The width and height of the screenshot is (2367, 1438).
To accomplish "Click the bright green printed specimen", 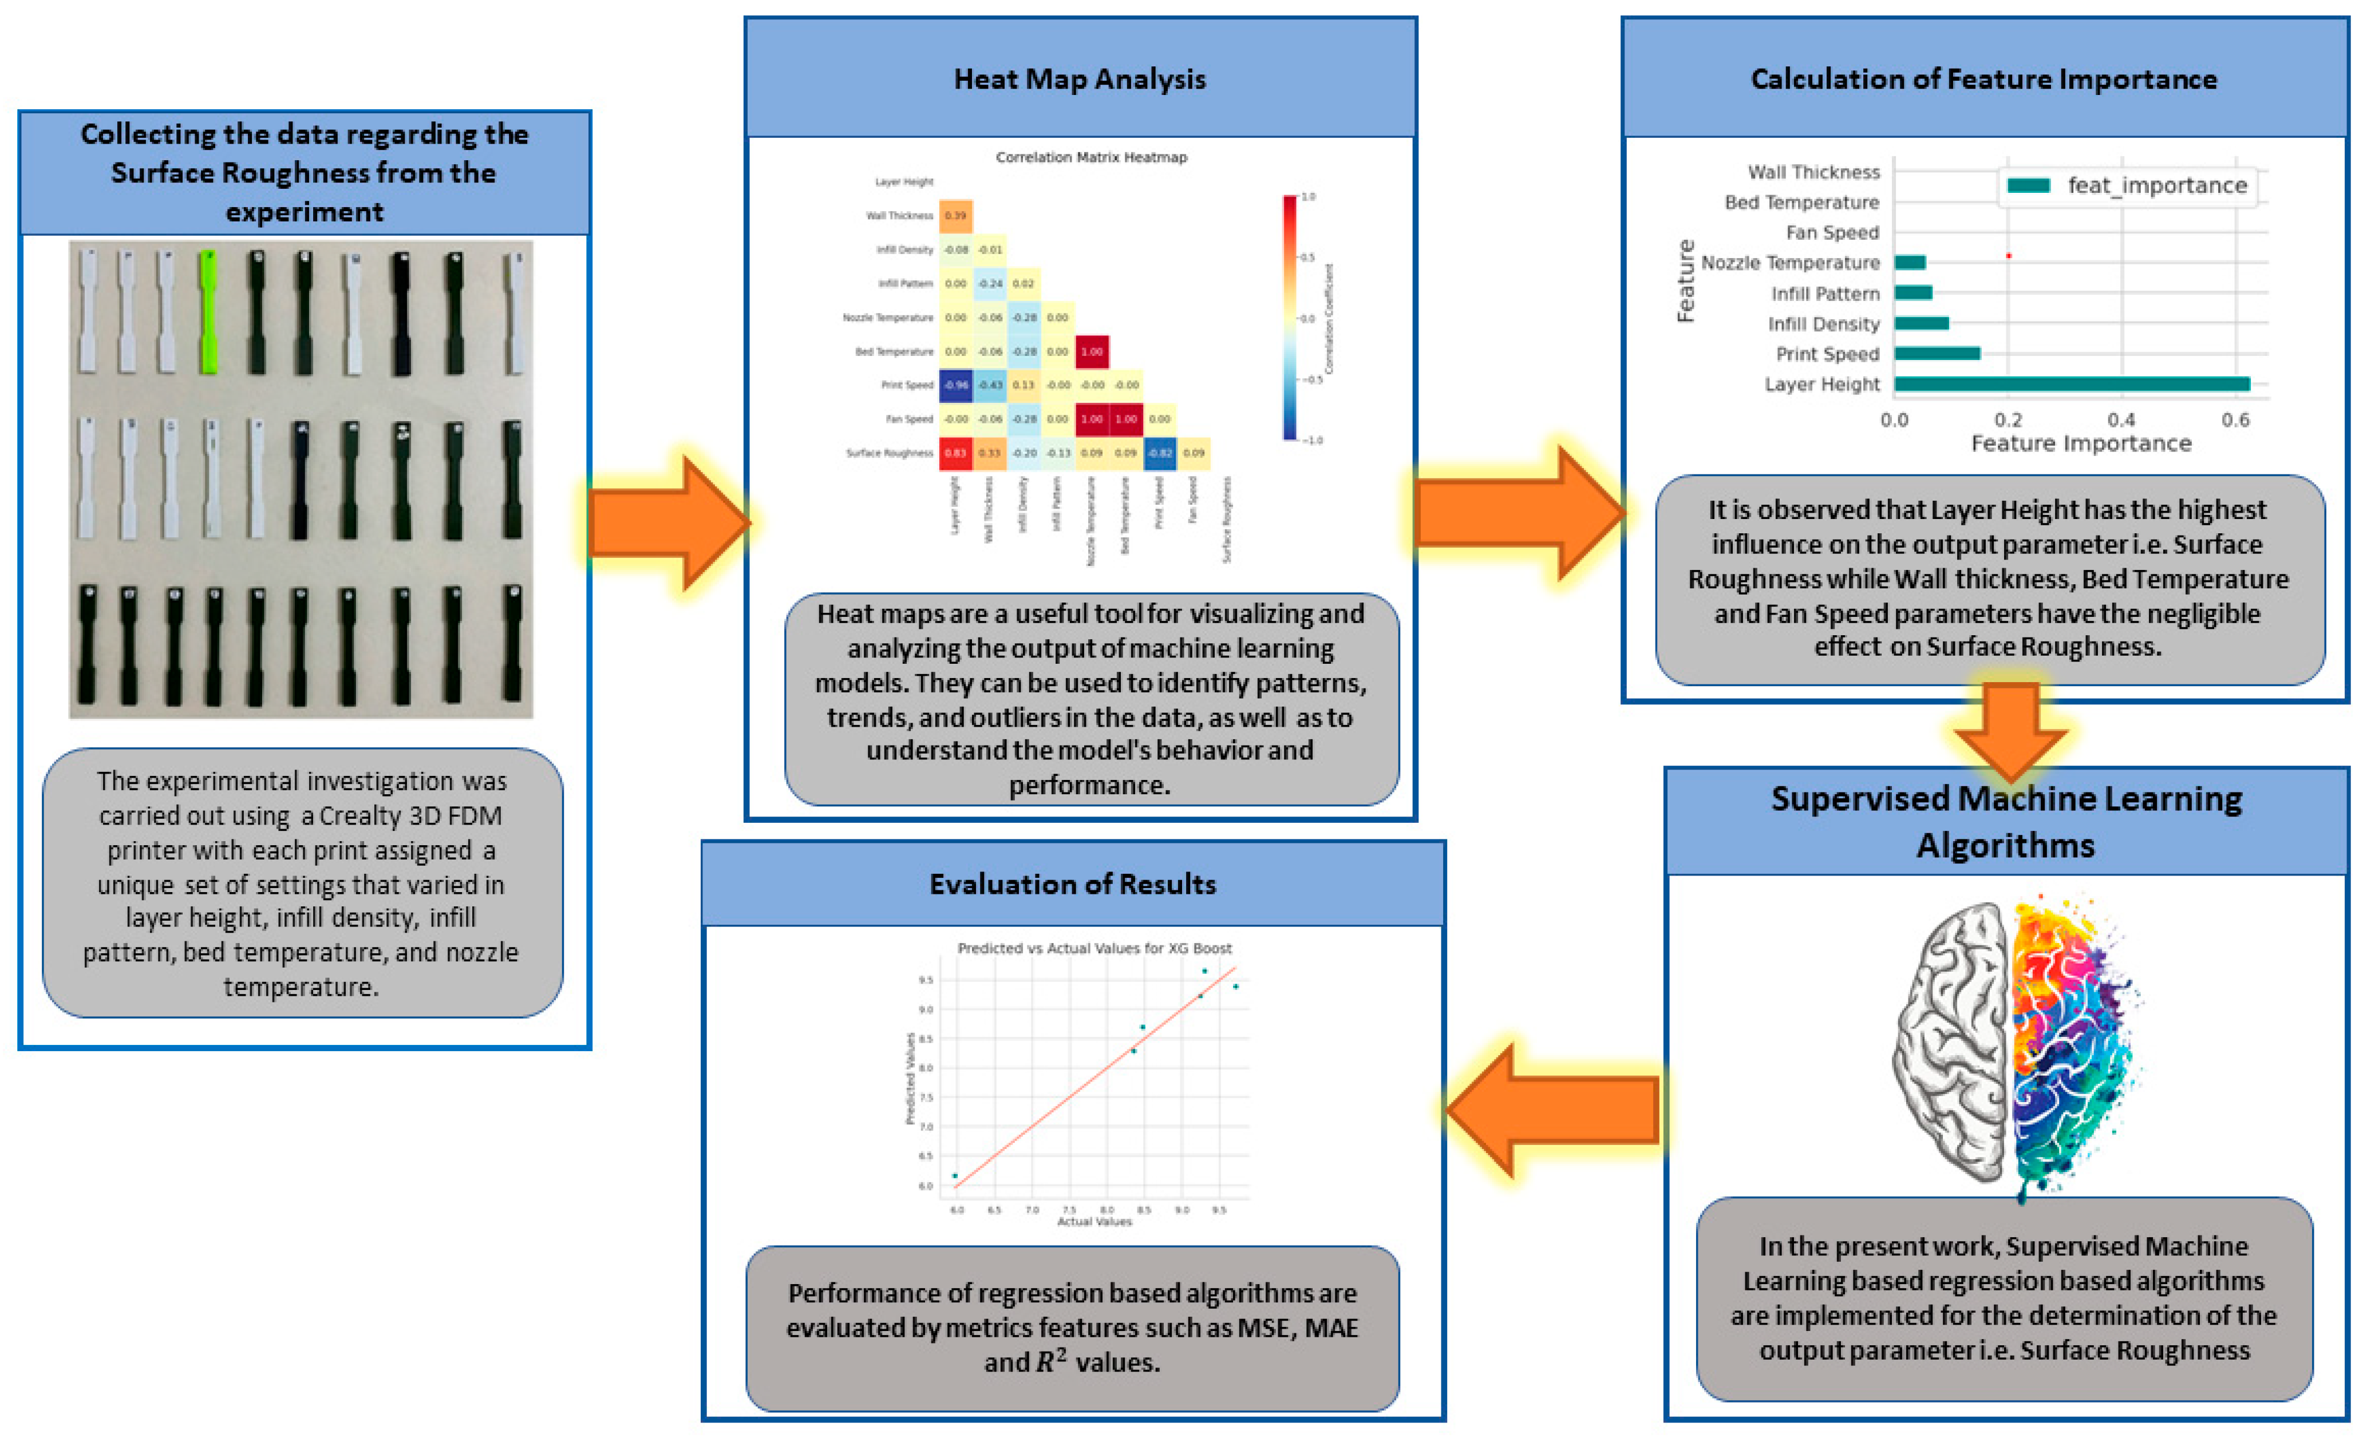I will (207, 312).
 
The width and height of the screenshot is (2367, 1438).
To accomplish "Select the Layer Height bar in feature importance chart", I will (2070, 384).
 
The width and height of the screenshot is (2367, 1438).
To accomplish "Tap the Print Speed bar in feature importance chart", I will (1936, 354).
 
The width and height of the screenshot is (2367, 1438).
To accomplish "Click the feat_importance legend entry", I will (2128, 185).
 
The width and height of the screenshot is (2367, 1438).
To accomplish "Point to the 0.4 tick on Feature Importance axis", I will (2121, 420).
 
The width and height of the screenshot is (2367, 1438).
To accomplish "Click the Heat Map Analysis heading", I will (1079, 79).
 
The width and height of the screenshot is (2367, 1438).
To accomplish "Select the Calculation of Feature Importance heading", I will (1983, 79).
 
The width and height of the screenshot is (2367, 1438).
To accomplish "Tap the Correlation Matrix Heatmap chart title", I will (1091, 157).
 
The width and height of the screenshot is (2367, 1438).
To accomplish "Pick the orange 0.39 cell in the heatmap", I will (956, 215).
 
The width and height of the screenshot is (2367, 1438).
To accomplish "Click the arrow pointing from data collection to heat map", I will (667, 522).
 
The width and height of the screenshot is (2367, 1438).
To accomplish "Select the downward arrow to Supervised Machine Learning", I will (2010, 730).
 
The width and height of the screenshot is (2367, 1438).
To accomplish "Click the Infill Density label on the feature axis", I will (1823, 324).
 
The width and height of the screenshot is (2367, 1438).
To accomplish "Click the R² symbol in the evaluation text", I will (1049, 1362).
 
